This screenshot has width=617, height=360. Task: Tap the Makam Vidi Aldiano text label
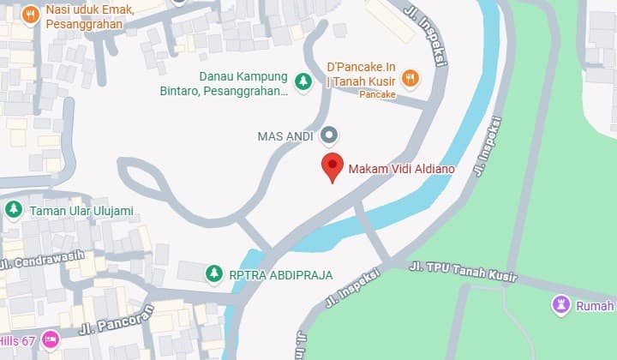click(x=401, y=169)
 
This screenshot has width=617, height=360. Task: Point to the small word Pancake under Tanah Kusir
click(x=377, y=95)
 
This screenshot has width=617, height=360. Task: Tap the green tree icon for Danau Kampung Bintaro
click(x=303, y=81)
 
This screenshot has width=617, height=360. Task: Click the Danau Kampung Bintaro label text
click(x=243, y=82)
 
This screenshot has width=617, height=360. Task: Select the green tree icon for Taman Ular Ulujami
click(x=13, y=209)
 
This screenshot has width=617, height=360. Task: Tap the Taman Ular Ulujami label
click(x=81, y=210)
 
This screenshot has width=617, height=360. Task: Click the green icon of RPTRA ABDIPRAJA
click(x=213, y=273)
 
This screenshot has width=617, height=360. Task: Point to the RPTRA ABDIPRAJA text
click(x=280, y=275)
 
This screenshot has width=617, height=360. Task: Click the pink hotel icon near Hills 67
click(x=50, y=340)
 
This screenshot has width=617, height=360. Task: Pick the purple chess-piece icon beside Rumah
click(x=562, y=303)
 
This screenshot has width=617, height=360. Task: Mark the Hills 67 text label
click(x=17, y=341)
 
